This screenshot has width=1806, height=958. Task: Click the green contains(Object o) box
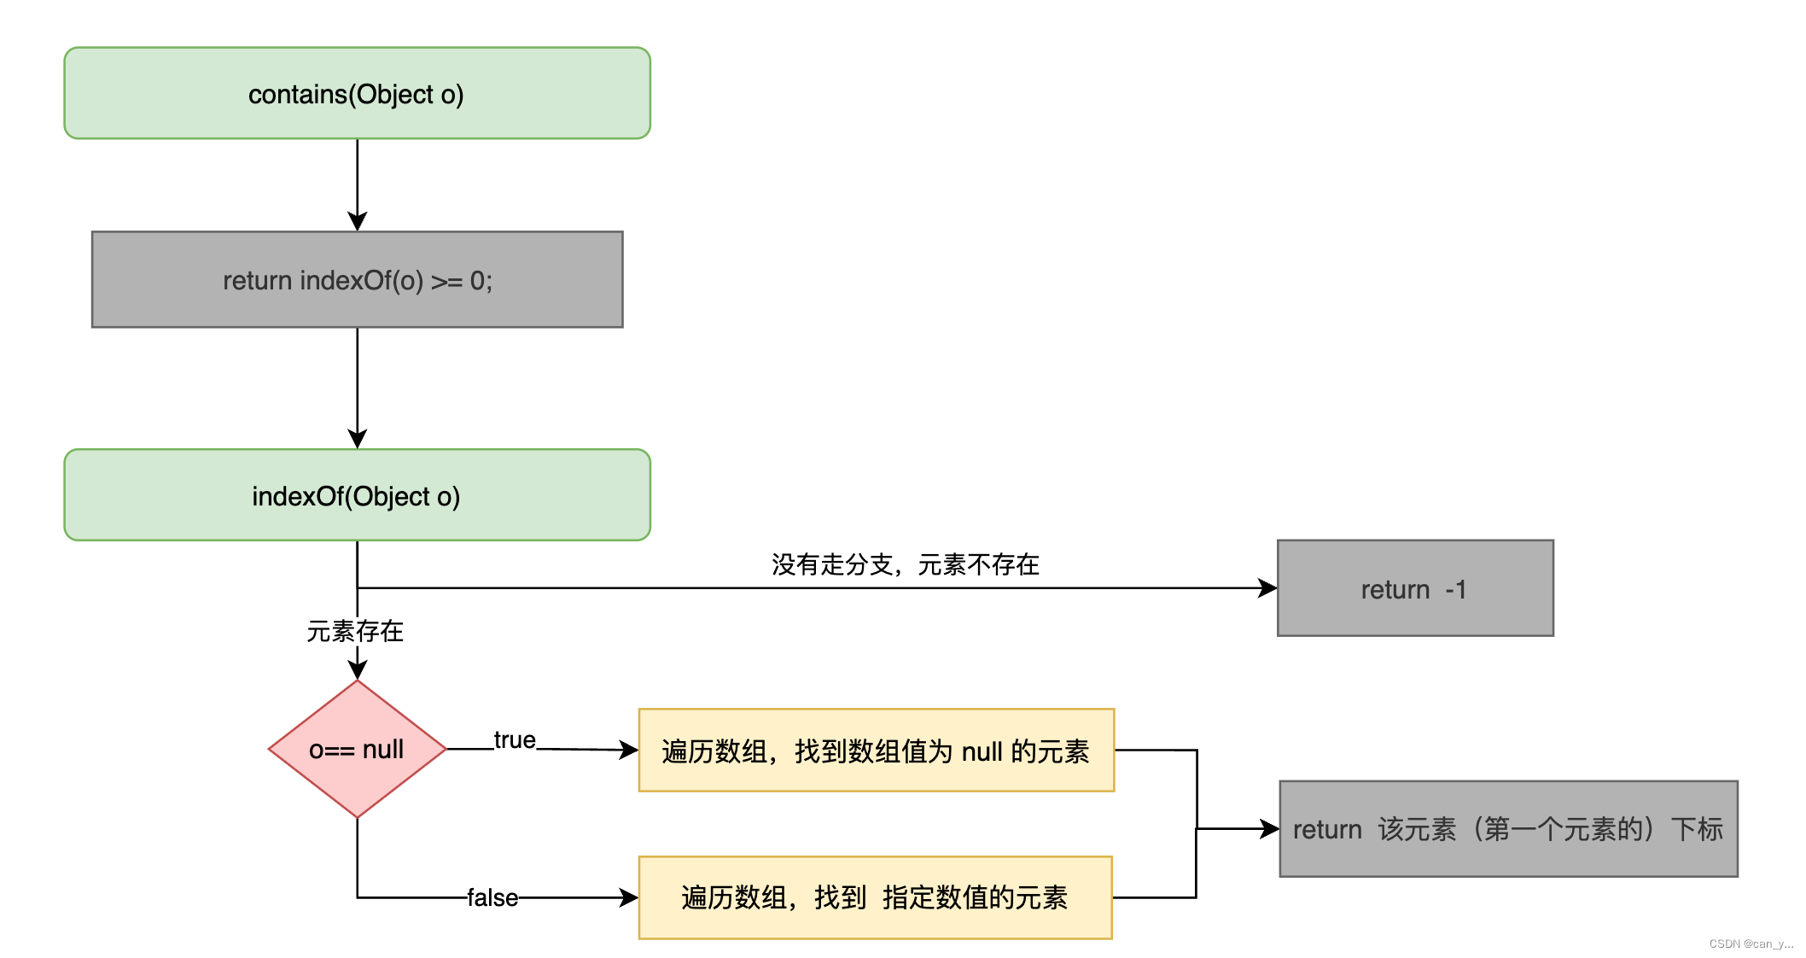(358, 93)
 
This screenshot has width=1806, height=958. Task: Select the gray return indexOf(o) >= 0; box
(358, 279)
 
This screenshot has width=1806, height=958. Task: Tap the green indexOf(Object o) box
(358, 495)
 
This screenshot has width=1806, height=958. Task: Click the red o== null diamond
(358, 749)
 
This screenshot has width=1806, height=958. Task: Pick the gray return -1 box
(1415, 588)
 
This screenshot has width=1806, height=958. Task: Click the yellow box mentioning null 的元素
(877, 751)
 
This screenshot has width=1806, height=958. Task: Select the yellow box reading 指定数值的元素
(876, 897)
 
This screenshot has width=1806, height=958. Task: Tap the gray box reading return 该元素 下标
(1508, 829)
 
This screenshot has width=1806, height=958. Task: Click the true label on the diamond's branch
(515, 740)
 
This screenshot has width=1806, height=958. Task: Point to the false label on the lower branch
(492, 897)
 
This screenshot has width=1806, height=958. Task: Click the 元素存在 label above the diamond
(355, 632)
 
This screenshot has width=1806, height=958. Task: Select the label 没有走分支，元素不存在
(906, 564)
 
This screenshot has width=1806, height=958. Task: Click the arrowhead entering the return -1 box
(1268, 588)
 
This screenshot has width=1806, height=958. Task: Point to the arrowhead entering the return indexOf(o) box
(358, 221)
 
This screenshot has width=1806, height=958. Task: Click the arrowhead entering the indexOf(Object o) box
(358, 439)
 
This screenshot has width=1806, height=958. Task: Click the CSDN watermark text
(1751, 943)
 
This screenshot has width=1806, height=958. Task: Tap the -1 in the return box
(1456, 589)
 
